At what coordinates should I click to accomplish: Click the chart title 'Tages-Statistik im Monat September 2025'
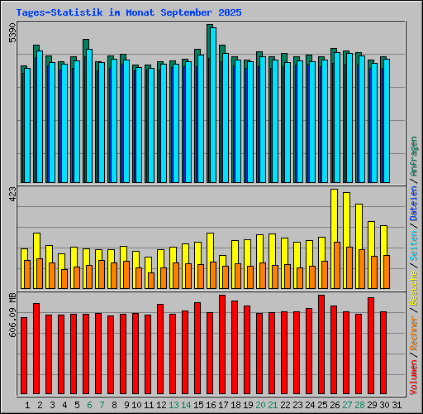click(128, 12)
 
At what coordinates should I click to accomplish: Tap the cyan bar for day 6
click(89, 116)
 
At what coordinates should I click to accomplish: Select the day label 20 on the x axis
click(259, 405)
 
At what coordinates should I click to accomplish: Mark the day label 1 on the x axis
click(28, 405)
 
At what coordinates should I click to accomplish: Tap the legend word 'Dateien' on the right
click(413, 203)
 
